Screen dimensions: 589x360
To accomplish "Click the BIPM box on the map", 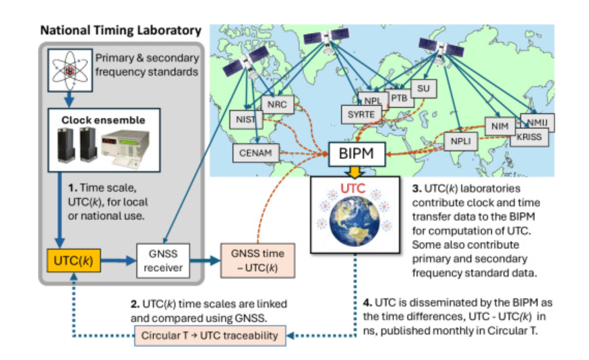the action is (357, 154).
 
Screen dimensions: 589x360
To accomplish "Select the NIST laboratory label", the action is (246, 119).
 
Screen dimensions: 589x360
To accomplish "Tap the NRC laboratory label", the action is (277, 104).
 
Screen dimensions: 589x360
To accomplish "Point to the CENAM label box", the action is (255, 153).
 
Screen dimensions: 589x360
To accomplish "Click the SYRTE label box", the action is (361, 114).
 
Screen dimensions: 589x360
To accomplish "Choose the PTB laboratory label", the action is (400, 98).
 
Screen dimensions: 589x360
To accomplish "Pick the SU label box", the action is (423, 88).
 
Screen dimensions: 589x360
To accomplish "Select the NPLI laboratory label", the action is (461, 141).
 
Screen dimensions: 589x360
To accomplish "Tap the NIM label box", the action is (500, 126).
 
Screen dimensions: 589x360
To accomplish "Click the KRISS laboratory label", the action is (529, 137).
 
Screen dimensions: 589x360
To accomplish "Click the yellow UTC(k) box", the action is (74, 261).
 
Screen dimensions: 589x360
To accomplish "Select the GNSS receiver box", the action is (163, 261).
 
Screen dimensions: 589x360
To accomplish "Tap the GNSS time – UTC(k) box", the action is (258, 261).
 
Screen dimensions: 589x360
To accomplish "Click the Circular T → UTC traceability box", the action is (210, 336).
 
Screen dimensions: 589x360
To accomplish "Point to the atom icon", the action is (70, 70).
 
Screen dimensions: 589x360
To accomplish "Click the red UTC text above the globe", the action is (352, 188).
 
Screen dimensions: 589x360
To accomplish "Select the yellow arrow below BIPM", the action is (355, 172).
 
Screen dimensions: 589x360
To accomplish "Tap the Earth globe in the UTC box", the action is (355, 221).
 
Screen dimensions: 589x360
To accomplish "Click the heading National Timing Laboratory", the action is (121, 30).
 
